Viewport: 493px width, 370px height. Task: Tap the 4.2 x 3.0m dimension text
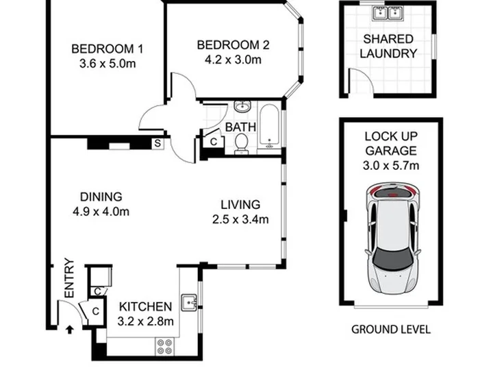tap(233, 60)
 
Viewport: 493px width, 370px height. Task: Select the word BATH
tap(240, 127)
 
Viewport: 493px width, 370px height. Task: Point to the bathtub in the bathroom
tap(270, 127)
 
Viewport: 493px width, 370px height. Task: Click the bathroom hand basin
tap(242, 107)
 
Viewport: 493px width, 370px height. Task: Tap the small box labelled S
tap(157, 143)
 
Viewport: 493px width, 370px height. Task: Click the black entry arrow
tap(70, 330)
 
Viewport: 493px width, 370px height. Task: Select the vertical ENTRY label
tap(69, 277)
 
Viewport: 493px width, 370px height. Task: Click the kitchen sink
tap(189, 302)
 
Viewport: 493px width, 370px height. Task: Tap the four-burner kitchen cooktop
tap(164, 347)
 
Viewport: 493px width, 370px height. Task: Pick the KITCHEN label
tap(146, 306)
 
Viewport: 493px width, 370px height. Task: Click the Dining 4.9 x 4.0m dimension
tap(101, 212)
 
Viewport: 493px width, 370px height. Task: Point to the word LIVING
tap(240, 205)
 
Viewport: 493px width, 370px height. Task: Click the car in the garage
tap(393, 238)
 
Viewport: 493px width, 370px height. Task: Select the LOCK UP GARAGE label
tap(391, 143)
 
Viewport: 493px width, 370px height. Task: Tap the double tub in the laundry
tap(388, 13)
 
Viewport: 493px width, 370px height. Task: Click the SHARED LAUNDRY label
tap(388, 47)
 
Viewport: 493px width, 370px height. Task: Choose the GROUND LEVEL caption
tap(391, 330)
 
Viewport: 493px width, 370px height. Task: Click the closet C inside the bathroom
tap(214, 142)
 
